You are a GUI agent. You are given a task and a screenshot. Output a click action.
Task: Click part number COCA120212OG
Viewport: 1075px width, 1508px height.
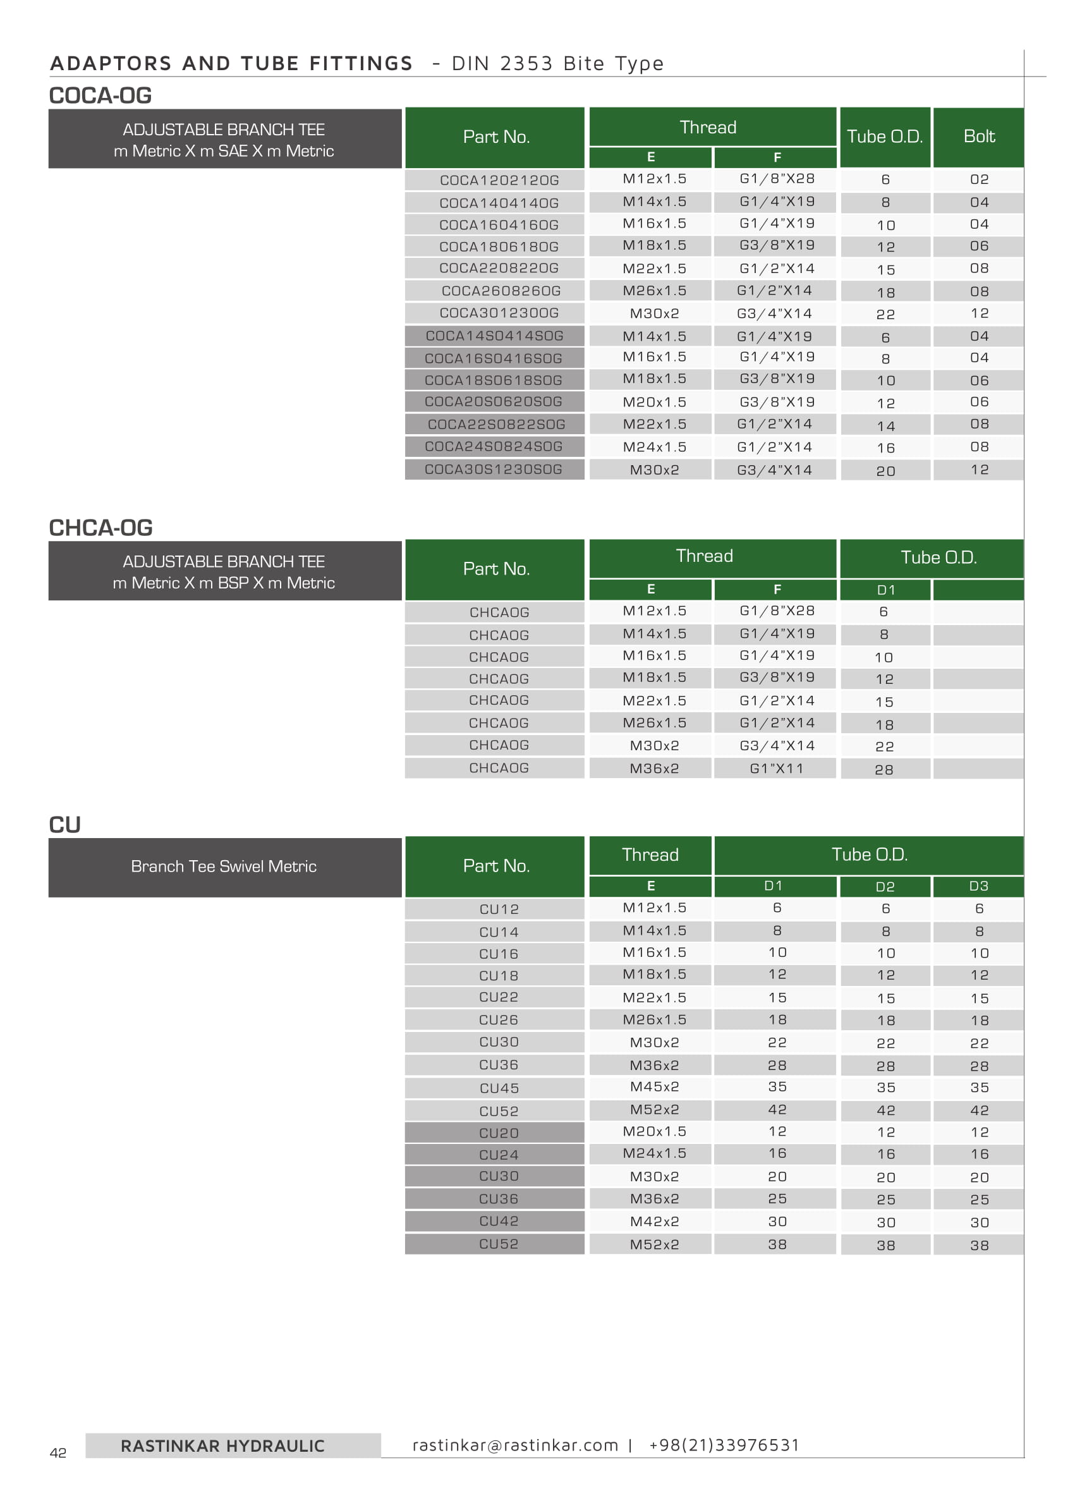point(499,180)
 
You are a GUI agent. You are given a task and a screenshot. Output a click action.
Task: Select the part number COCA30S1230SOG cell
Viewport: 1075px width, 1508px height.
point(493,470)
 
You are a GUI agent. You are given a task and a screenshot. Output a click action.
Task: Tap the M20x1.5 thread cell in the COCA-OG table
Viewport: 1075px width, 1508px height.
point(654,402)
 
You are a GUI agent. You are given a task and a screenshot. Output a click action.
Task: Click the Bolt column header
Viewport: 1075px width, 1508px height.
point(978,137)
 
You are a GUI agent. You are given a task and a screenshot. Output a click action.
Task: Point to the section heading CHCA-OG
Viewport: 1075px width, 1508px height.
point(100,528)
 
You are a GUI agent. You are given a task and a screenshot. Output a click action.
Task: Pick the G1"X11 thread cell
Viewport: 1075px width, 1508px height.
point(776,769)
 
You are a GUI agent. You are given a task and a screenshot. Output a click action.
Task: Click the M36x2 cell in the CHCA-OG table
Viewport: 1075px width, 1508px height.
point(654,769)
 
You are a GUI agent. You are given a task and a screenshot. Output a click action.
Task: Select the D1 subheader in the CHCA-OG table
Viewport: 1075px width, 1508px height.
point(885,590)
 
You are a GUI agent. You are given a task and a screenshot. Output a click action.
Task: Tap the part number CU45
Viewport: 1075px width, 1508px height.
point(499,1088)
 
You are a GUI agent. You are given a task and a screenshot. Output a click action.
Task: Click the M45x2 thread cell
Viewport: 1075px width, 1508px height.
point(654,1087)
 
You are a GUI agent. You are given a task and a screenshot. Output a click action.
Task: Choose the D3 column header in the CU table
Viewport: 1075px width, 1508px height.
point(978,885)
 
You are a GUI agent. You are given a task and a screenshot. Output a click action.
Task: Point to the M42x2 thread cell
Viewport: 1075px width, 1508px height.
point(654,1222)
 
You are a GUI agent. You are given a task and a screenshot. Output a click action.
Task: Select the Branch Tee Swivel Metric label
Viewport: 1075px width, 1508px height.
point(224,866)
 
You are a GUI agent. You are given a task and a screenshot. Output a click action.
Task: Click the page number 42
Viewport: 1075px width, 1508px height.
point(58,1453)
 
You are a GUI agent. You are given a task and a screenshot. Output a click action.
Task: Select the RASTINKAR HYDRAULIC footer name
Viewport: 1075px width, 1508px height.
point(222,1447)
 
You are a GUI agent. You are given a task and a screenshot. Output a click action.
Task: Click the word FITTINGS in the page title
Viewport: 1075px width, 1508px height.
point(361,64)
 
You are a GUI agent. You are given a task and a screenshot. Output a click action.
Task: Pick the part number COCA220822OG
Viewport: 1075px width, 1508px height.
point(499,268)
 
